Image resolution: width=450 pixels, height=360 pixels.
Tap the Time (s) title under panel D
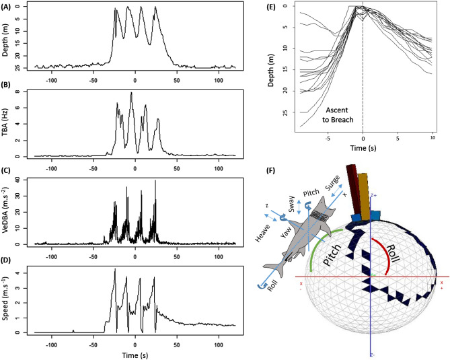pyautogui.click(x=135, y=353)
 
